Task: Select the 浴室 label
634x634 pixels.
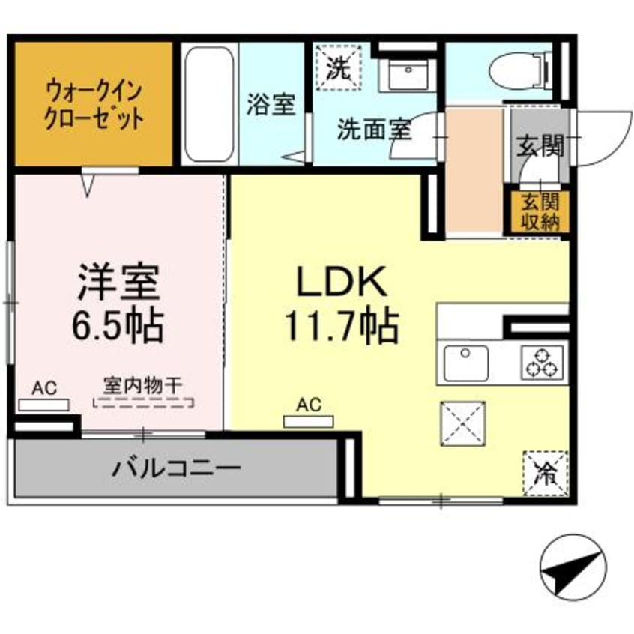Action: click(x=270, y=105)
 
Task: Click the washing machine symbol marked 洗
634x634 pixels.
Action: click(x=339, y=67)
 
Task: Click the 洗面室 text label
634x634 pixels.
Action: click(x=373, y=129)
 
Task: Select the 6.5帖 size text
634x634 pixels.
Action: click(x=118, y=324)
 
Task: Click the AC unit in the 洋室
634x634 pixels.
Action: click(x=43, y=405)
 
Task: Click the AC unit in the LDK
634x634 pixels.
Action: click(x=308, y=420)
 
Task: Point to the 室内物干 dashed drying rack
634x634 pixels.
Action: click(x=142, y=402)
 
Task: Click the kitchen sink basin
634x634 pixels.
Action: click(x=466, y=363)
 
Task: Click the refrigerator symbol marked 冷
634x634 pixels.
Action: click(x=545, y=472)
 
